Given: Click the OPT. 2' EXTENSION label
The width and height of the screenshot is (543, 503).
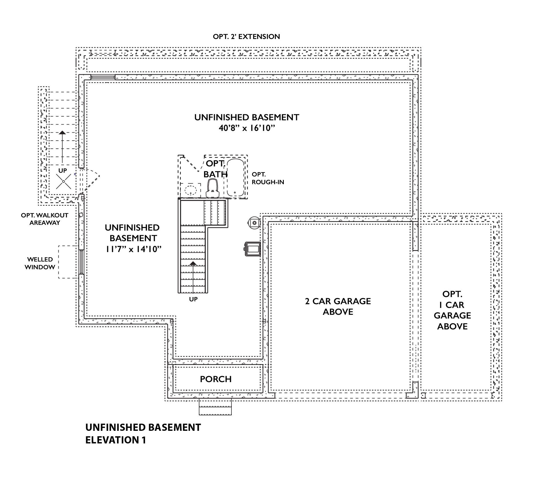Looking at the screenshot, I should [246, 37].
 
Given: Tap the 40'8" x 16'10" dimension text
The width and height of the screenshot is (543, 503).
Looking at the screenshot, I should [247, 128].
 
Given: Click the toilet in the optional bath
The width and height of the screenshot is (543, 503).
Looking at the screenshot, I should [213, 188].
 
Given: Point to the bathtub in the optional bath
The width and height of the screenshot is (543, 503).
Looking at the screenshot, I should [235, 177].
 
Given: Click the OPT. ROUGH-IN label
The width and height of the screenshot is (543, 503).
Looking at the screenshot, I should [267, 178].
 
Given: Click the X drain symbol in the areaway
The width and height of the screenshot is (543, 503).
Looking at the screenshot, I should [64, 182].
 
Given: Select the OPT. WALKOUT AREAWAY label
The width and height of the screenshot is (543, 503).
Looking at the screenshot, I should [45, 219].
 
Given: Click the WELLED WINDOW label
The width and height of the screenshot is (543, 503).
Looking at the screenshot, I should [40, 263].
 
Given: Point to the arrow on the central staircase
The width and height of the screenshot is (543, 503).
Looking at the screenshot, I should [193, 263].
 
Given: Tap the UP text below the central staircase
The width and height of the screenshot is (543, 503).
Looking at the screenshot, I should [193, 299].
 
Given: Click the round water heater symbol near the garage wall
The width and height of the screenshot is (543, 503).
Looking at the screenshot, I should [254, 223].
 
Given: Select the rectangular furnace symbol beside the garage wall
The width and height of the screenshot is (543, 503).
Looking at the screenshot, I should [252, 248].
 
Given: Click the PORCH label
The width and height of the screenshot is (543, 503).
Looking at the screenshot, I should [215, 379].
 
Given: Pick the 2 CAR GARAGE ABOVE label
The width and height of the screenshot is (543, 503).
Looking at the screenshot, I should [338, 306].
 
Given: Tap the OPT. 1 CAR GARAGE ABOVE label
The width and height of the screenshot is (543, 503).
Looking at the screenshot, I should [452, 310].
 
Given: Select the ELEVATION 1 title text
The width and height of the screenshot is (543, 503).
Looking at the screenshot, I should [116, 440].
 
